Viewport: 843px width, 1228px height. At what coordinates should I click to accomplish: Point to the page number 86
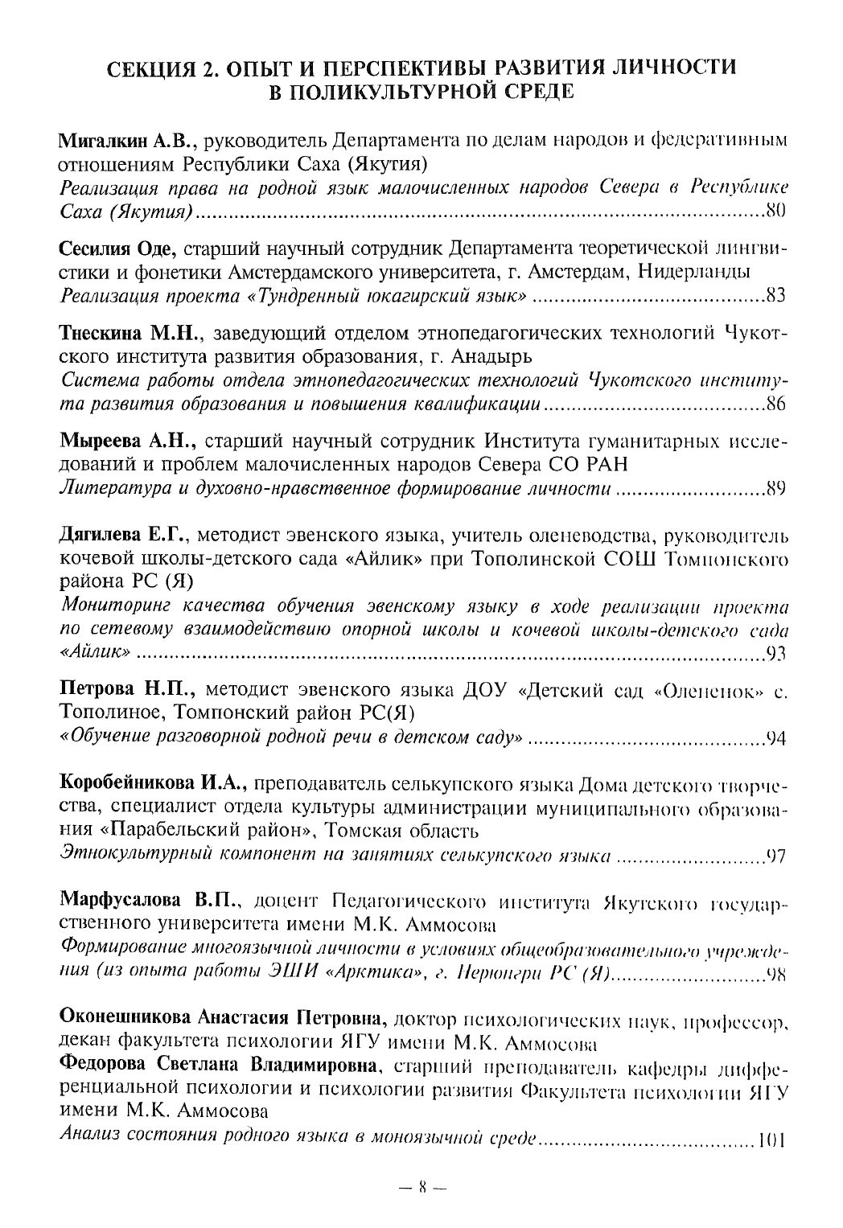[x=775, y=404]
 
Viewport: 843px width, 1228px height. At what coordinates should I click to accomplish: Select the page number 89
[x=775, y=488]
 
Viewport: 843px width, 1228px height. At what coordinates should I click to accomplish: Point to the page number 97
[x=775, y=854]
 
